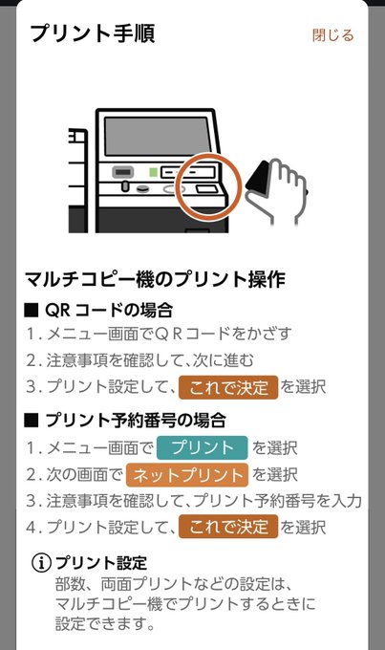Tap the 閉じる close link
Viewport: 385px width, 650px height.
pyautogui.click(x=333, y=35)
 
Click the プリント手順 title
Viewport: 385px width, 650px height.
pyautogui.click(x=93, y=33)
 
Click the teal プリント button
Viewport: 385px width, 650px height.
pyautogui.click(x=203, y=447)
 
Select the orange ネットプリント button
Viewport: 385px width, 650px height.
pyautogui.click(x=187, y=475)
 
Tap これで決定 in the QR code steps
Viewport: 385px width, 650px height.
pyautogui.click(x=228, y=387)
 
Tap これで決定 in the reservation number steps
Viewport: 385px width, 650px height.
pyautogui.click(x=228, y=527)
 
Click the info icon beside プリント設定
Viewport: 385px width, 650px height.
pyautogui.click(x=41, y=563)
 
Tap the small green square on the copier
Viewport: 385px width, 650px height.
pyautogui.click(x=154, y=172)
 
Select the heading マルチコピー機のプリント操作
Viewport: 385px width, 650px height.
pyautogui.click(x=155, y=279)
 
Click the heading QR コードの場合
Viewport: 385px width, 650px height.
pyautogui.click(x=98, y=310)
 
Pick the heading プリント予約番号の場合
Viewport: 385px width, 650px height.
pyautogui.click(x=125, y=420)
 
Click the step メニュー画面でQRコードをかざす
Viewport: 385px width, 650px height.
pyautogui.click(x=159, y=334)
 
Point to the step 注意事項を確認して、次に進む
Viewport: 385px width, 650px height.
pyautogui.click(x=139, y=360)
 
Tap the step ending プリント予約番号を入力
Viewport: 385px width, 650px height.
pyautogui.click(x=194, y=501)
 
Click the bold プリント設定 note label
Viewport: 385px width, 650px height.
pyautogui.click(x=101, y=563)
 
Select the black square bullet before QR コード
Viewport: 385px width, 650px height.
pyautogui.click(x=32, y=311)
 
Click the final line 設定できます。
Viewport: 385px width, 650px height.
pyautogui.click(x=105, y=624)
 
